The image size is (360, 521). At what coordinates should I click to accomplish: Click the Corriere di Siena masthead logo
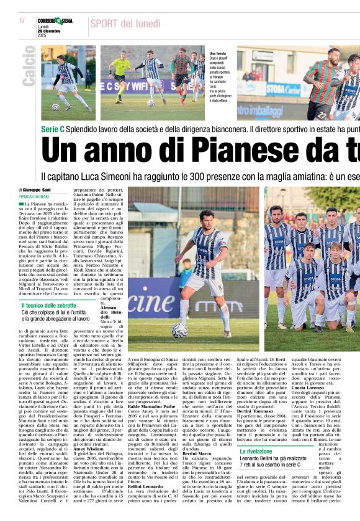pos(55,21)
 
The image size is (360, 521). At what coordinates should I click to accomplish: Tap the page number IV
pos(22,20)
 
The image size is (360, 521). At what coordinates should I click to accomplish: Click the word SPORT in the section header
pos(106,24)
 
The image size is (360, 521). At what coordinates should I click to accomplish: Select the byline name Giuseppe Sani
pos(38,189)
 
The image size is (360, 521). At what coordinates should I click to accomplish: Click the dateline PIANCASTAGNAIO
pos(37,196)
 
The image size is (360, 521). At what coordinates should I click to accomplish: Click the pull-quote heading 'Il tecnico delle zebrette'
pos(51,305)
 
